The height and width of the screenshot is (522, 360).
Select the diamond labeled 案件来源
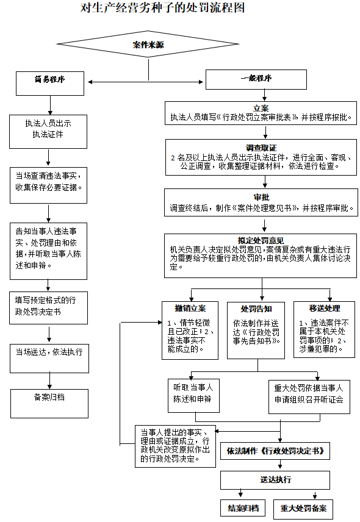148,45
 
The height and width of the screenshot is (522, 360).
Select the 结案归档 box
243,507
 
